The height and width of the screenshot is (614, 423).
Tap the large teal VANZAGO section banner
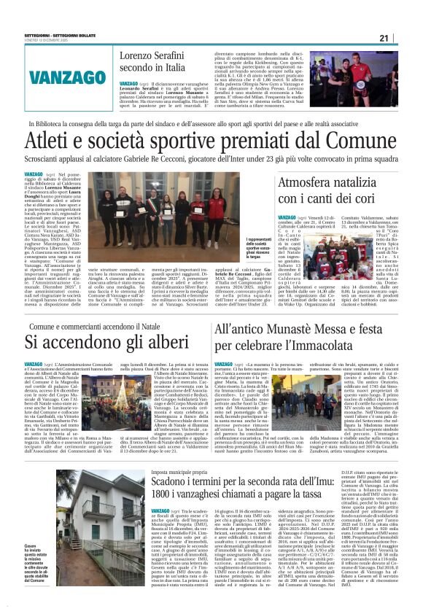tap(59, 77)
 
